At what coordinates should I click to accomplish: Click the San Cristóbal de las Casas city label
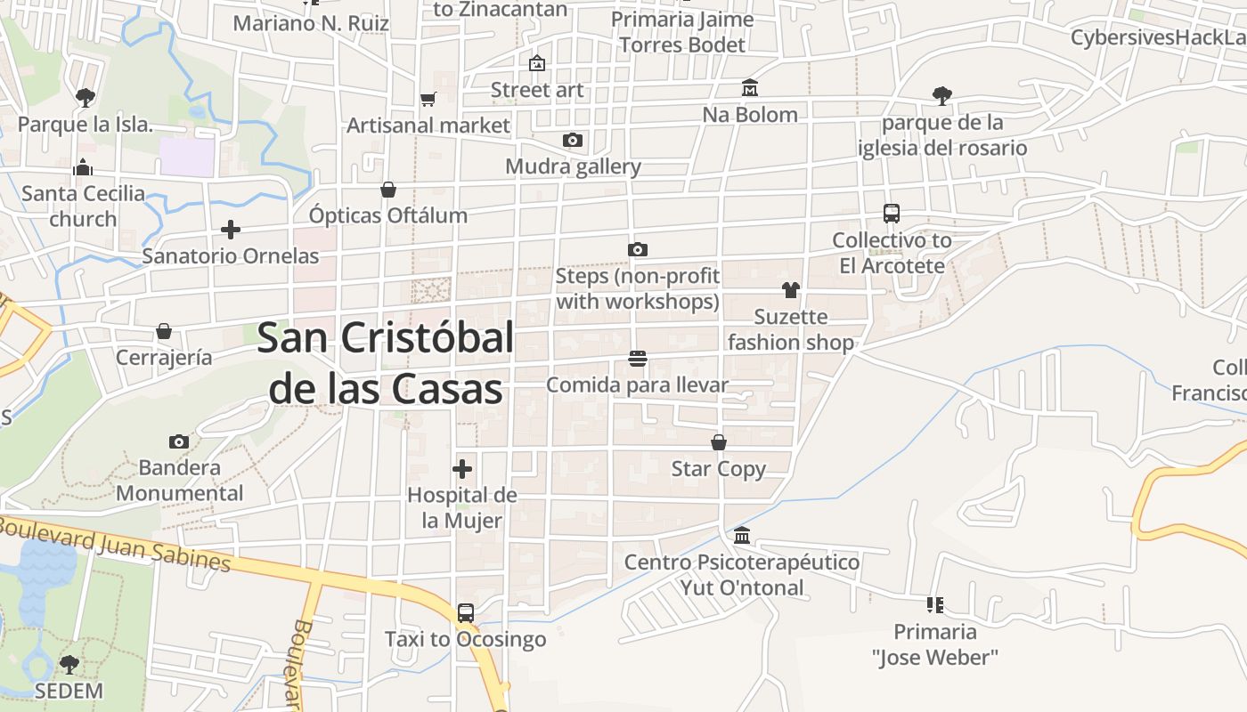click(x=385, y=363)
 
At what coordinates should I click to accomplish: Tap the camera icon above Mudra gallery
click(x=573, y=141)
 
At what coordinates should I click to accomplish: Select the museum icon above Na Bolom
click(x=750, y=88)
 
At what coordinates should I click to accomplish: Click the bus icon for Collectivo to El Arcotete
click(x=892, y=214)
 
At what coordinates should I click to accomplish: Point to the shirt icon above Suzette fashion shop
click(x=790, y=290)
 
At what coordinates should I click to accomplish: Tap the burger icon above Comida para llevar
click(x=637, y=359)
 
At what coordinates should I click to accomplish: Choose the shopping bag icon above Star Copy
click(x=719, y=442)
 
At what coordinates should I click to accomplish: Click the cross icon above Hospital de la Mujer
click(x=462, y=469)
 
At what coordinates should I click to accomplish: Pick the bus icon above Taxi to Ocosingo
click(x=466, y=613)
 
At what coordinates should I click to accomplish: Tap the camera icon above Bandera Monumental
click(x=179, y=441)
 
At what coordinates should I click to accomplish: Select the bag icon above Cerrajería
click(x=164, y=331)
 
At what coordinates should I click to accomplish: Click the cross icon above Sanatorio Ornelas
click(x=231, y=231)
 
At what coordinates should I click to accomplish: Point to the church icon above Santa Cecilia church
click(x=83, y=167)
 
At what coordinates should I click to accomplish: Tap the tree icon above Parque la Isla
click(x=85, y=97)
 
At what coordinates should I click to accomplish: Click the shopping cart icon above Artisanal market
click(x=428, y=100)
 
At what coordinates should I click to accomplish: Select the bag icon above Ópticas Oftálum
click(x=388, y=190)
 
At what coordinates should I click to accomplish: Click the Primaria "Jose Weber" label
click(x=935, y=644)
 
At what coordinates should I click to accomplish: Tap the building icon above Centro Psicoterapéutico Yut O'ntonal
click(x=742, y=536)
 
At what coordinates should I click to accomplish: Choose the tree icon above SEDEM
click(x=69, y=664)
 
